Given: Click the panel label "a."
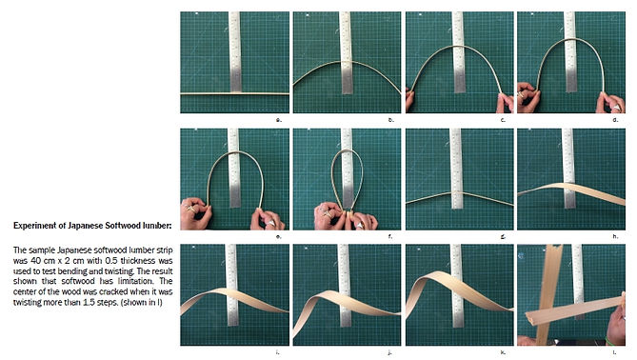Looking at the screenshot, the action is (x=279, y=119).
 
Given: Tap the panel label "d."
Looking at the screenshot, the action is (x=615, y=119).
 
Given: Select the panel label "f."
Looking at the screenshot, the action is (x=390, y=236).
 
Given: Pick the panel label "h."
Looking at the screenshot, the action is (x=615, y=236).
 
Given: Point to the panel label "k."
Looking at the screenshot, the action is (x=503, y=352).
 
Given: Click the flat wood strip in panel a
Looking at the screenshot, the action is (x=235, y=93).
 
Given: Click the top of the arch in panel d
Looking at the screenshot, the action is (x=570, y=39).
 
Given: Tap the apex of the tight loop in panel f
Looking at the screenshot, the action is (x=347, y=150).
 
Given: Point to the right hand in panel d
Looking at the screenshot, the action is (x=610, y=102).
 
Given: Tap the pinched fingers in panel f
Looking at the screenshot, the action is (x=347, y=213).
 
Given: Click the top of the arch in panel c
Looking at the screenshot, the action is (x=459, y=47).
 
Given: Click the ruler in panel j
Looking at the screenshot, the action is (x=345, y=285).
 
